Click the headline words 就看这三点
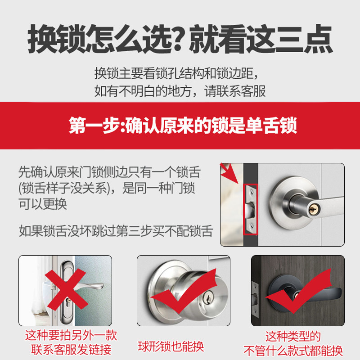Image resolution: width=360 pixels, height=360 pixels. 261,40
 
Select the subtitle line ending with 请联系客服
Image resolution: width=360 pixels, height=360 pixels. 180,91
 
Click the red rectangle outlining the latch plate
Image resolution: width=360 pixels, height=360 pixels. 250,209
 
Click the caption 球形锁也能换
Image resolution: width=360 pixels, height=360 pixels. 171,346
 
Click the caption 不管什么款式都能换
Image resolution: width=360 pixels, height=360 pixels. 293,350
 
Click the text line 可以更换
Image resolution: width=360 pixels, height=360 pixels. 43,203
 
